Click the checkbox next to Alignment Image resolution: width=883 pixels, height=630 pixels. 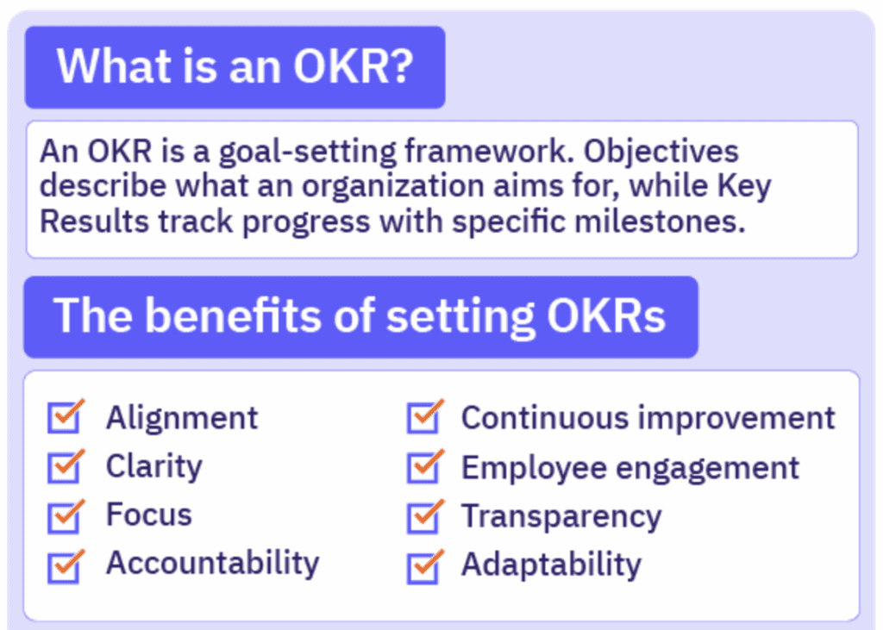tap(65, 418)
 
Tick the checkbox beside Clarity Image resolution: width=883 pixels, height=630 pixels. tap(65, 467)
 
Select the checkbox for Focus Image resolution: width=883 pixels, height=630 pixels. tap(65, 515)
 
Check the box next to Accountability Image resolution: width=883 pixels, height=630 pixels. tap(65, 565)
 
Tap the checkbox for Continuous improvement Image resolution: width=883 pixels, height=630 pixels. tap(423, 418)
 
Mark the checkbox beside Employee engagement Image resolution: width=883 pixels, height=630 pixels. tap(423, 467)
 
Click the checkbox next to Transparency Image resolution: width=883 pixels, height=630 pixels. tap(423, 516)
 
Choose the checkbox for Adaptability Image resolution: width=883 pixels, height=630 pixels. tap(423, 565)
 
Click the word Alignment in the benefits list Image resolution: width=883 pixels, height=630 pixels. tap(182, 418)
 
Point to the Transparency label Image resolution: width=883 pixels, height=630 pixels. tap(561, 516)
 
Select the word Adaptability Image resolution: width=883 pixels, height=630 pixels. tap(551, 565)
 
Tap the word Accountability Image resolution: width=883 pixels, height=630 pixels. tap(212, 564)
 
